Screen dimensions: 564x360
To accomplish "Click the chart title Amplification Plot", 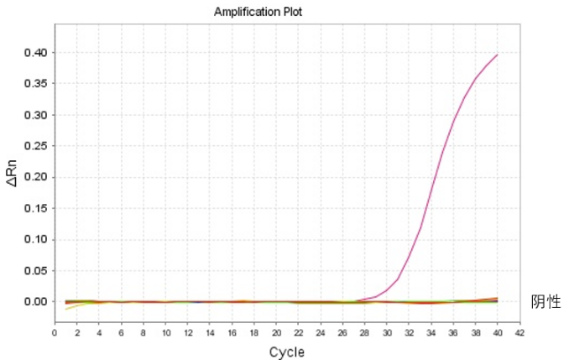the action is [258, 12].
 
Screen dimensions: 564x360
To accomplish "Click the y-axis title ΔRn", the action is [12, 173].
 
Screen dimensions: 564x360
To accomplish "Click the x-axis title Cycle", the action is [287, 352].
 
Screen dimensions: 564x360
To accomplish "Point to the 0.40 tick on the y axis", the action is [35, 53].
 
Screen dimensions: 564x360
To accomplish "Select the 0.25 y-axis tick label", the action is [35, 146].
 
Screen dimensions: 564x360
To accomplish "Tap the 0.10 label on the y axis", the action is [35, 239].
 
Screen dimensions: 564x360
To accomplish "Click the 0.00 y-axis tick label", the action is [35, 301].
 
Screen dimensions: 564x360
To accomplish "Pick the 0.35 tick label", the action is [35, 84].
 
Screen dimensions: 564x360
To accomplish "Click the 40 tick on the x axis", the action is [498, 333].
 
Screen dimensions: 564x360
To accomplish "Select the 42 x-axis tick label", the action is [520, 333].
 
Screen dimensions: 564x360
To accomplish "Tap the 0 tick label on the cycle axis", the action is [55, 333].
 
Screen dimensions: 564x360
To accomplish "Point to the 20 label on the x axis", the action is [276, 333].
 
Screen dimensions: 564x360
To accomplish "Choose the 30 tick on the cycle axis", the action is [387, 333].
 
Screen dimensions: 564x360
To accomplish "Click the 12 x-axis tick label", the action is [188, 333].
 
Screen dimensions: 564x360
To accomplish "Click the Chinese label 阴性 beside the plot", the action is [546, 302].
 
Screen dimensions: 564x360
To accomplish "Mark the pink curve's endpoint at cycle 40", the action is [498, 55].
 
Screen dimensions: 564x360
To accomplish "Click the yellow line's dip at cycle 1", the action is [65, 310].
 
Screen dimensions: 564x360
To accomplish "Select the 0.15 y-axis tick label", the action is [35, 208].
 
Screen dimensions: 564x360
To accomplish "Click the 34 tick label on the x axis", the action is [431, 333].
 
